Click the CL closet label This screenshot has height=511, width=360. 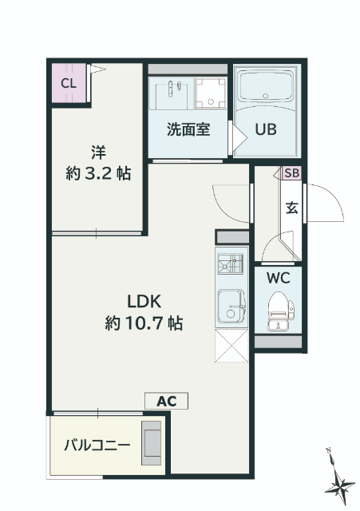(68, 82)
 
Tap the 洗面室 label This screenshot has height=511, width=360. (188, 129)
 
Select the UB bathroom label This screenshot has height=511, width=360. (266, 129)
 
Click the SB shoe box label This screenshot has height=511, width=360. (292, 173)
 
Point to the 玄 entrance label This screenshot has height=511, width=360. (292, 208)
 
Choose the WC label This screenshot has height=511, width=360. (278, 279)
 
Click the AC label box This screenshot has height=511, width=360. (166, 402)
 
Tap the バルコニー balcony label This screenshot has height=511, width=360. (97, 445)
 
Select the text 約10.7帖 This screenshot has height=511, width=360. (144, 323)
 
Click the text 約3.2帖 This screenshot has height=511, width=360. (98, 172)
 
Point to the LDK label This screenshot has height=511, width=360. (144, 301)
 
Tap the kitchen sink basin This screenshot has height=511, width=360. (231, 303)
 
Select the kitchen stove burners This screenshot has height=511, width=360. (231, 265)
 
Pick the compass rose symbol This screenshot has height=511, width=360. (342, 481)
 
